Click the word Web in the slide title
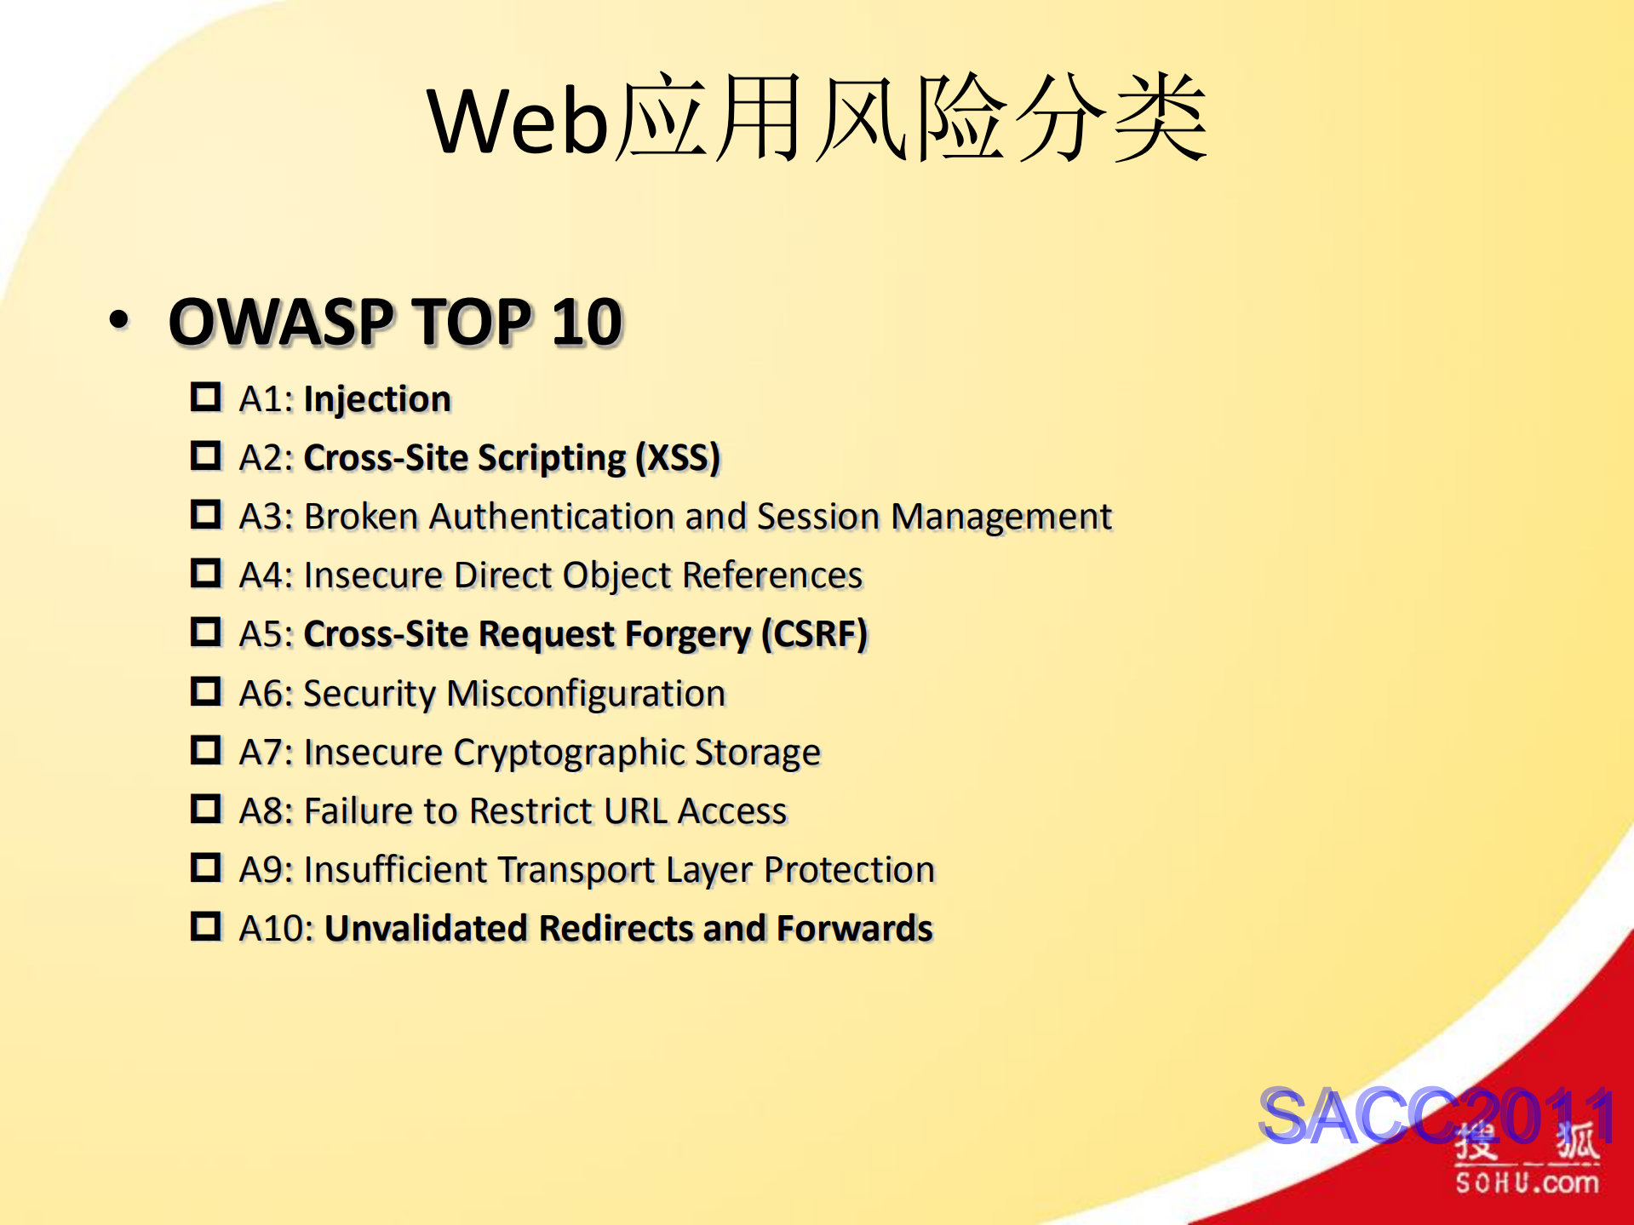click(x=517, y=122)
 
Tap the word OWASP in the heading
click(x=280, y=323)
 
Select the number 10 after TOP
click(x=587, y=323)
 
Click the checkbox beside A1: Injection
click(x=205, y=397)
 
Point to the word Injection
click(x=377, y=399)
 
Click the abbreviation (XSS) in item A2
click(x=678, y=458)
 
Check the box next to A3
click(x=205, y=514)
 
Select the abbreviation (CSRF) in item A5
click(x=814, y=634)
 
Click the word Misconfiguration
click(x=586, y=694)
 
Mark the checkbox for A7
click(x=205, y=750)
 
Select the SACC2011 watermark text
click(x=1436, y=1115)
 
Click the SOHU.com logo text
click(x=1527, y=1182)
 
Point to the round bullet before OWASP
click(x=119, y=320)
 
